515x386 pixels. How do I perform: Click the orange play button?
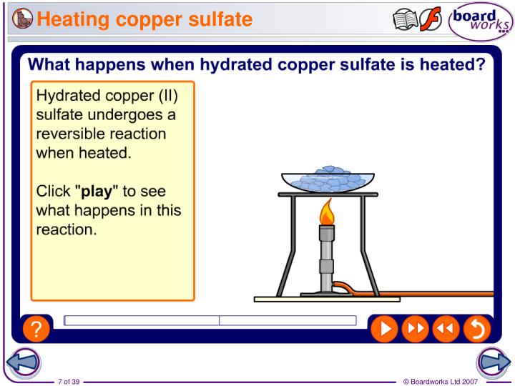coord(385,328)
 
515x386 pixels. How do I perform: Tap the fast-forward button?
coord(414,328)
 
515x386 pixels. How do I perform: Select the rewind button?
coord(444,328)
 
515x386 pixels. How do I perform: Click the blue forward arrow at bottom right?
coord(496,362)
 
